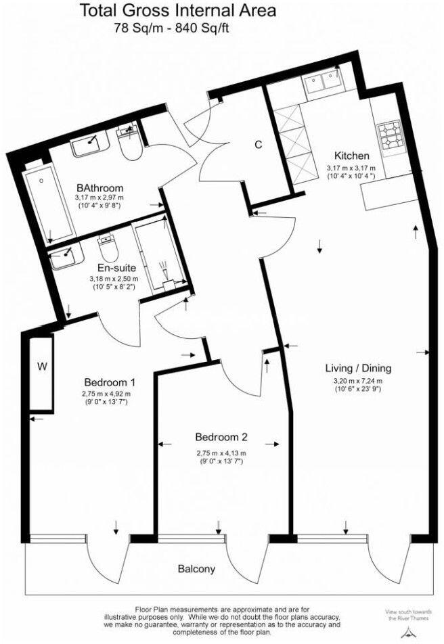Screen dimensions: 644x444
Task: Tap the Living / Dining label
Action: click(x=358, y=369)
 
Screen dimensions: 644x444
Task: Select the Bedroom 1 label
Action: click(x=110, y=380)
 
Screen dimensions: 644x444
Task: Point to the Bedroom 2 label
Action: click(x=221, y=436)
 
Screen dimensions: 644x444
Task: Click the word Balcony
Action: click(x=197, y=569)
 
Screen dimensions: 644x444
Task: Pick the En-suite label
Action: click(x=113, y=267)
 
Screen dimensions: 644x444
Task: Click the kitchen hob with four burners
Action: click(x=390, y=135)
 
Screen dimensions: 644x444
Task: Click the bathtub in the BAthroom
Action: click(x=48, y=202)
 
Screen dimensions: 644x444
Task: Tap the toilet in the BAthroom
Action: click(x=127, y=142)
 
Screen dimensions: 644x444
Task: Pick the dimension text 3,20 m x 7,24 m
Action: click(x=358, y=380)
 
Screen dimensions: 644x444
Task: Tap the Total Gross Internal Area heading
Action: click(x=178, y=11)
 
